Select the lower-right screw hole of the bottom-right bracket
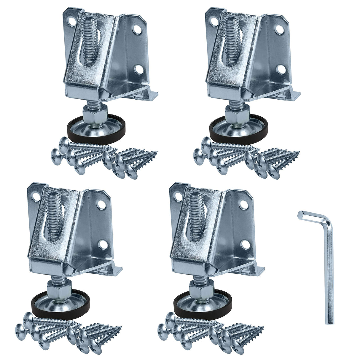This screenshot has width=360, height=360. (244, 245)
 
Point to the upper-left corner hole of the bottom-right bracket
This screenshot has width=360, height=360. (178, 196)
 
